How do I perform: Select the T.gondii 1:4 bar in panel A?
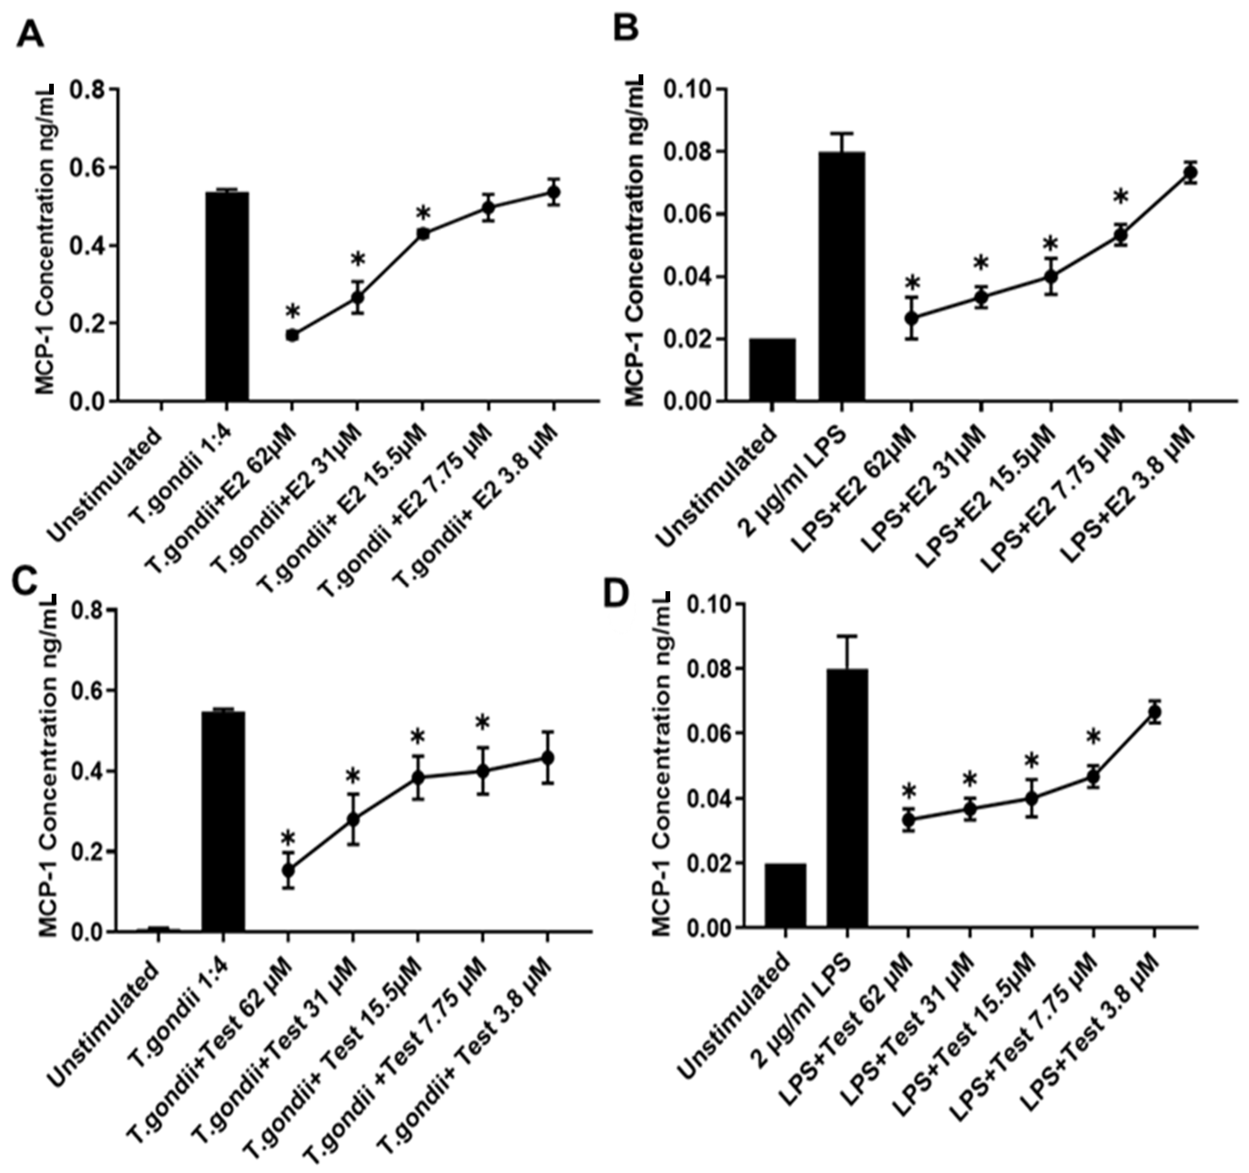[227, 295]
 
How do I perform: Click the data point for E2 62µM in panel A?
[291, 335]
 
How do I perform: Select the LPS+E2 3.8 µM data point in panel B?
[1189, 172]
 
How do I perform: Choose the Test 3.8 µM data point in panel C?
[547, 758]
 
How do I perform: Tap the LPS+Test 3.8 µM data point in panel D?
[1154, 712]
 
